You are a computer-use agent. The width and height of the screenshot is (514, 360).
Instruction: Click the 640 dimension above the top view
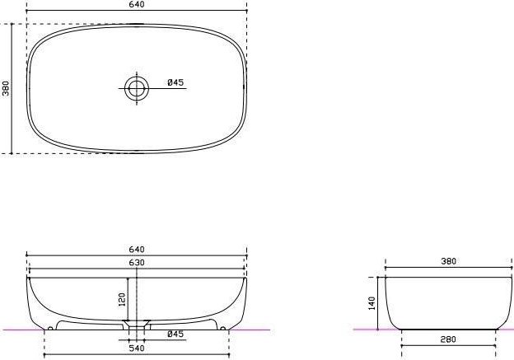137,4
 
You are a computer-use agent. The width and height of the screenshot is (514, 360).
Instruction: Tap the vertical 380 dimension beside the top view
7,88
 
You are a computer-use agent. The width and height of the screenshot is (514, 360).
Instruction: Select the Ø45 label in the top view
175,82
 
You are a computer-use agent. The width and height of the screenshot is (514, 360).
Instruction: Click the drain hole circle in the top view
137,88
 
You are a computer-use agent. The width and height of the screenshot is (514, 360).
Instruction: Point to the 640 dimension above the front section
137,250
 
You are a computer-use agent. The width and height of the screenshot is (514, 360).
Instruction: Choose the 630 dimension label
137,263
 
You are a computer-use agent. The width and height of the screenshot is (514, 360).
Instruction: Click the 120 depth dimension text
122,300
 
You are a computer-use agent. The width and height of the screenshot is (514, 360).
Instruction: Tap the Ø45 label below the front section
175,334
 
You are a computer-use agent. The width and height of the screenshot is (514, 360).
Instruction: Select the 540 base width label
137,348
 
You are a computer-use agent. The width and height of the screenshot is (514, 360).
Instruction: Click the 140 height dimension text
371,303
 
